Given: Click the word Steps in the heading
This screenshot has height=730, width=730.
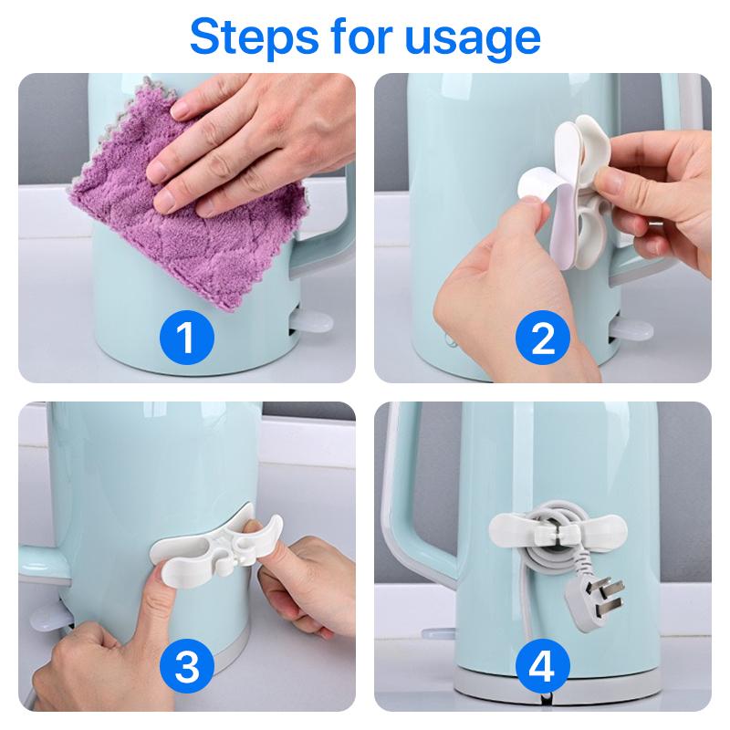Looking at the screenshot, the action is pos(255,36).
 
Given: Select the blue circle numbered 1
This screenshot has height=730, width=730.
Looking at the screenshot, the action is pos(187,338).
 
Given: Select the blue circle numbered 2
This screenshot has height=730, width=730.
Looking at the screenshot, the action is pos(542,338).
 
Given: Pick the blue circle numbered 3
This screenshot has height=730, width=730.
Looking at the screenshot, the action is pos(187,667).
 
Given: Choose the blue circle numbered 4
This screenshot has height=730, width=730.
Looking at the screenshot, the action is pos(542,667).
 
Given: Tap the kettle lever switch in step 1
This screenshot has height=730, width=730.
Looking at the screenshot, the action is pos(311,322).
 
